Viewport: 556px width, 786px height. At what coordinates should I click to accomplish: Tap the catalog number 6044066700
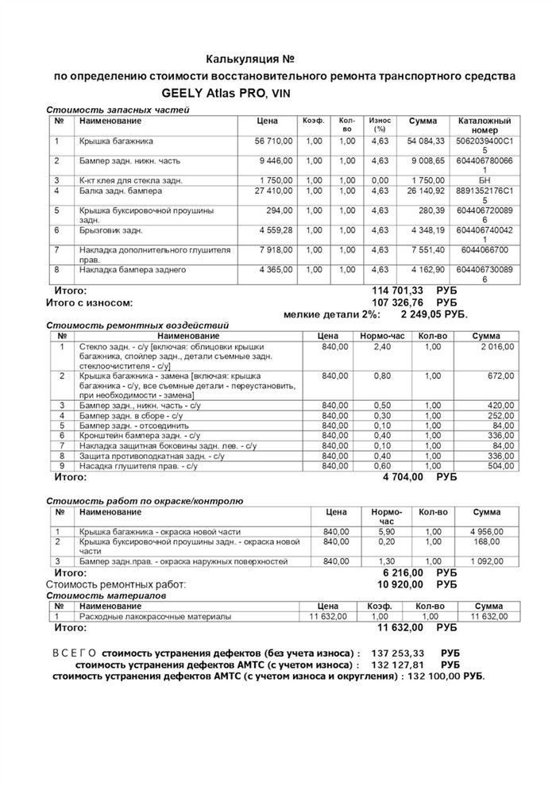[x=485, y=249]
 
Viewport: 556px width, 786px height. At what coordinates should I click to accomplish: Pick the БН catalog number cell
[x=485, y=180]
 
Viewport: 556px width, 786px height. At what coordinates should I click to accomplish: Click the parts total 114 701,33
[x=404, y=291]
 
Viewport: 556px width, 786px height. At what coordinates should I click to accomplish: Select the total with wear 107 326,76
[x=404, y=302]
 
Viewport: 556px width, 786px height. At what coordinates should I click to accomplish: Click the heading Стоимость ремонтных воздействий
[x=137, y=326]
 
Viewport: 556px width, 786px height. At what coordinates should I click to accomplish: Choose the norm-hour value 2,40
[x=383, y=347]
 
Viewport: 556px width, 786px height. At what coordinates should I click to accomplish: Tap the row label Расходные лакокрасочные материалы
[x=156, y=616]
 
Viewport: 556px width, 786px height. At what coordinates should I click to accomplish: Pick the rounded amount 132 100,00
[x=435, y=676]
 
